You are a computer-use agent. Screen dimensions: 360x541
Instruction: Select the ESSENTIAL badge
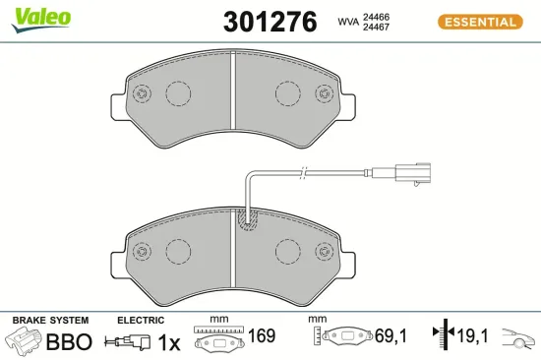click(481, 22)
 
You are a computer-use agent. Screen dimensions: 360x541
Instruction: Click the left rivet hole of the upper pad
click(140, 94)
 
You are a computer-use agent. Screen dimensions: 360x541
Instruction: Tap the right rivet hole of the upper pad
click(323, 94)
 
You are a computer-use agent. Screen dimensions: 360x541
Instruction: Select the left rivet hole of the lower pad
click(140, 250)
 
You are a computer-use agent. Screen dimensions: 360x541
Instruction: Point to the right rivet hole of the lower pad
click(323, 250)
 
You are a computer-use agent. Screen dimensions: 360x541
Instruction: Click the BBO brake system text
click(70, 342)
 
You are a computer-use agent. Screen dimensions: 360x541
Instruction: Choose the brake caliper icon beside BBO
click(27, 341)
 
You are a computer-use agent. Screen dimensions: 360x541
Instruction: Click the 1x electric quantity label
click(170, 342)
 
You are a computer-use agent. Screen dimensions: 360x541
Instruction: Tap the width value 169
click(262, 336)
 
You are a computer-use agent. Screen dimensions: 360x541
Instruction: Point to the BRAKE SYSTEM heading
click(49, 321)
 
